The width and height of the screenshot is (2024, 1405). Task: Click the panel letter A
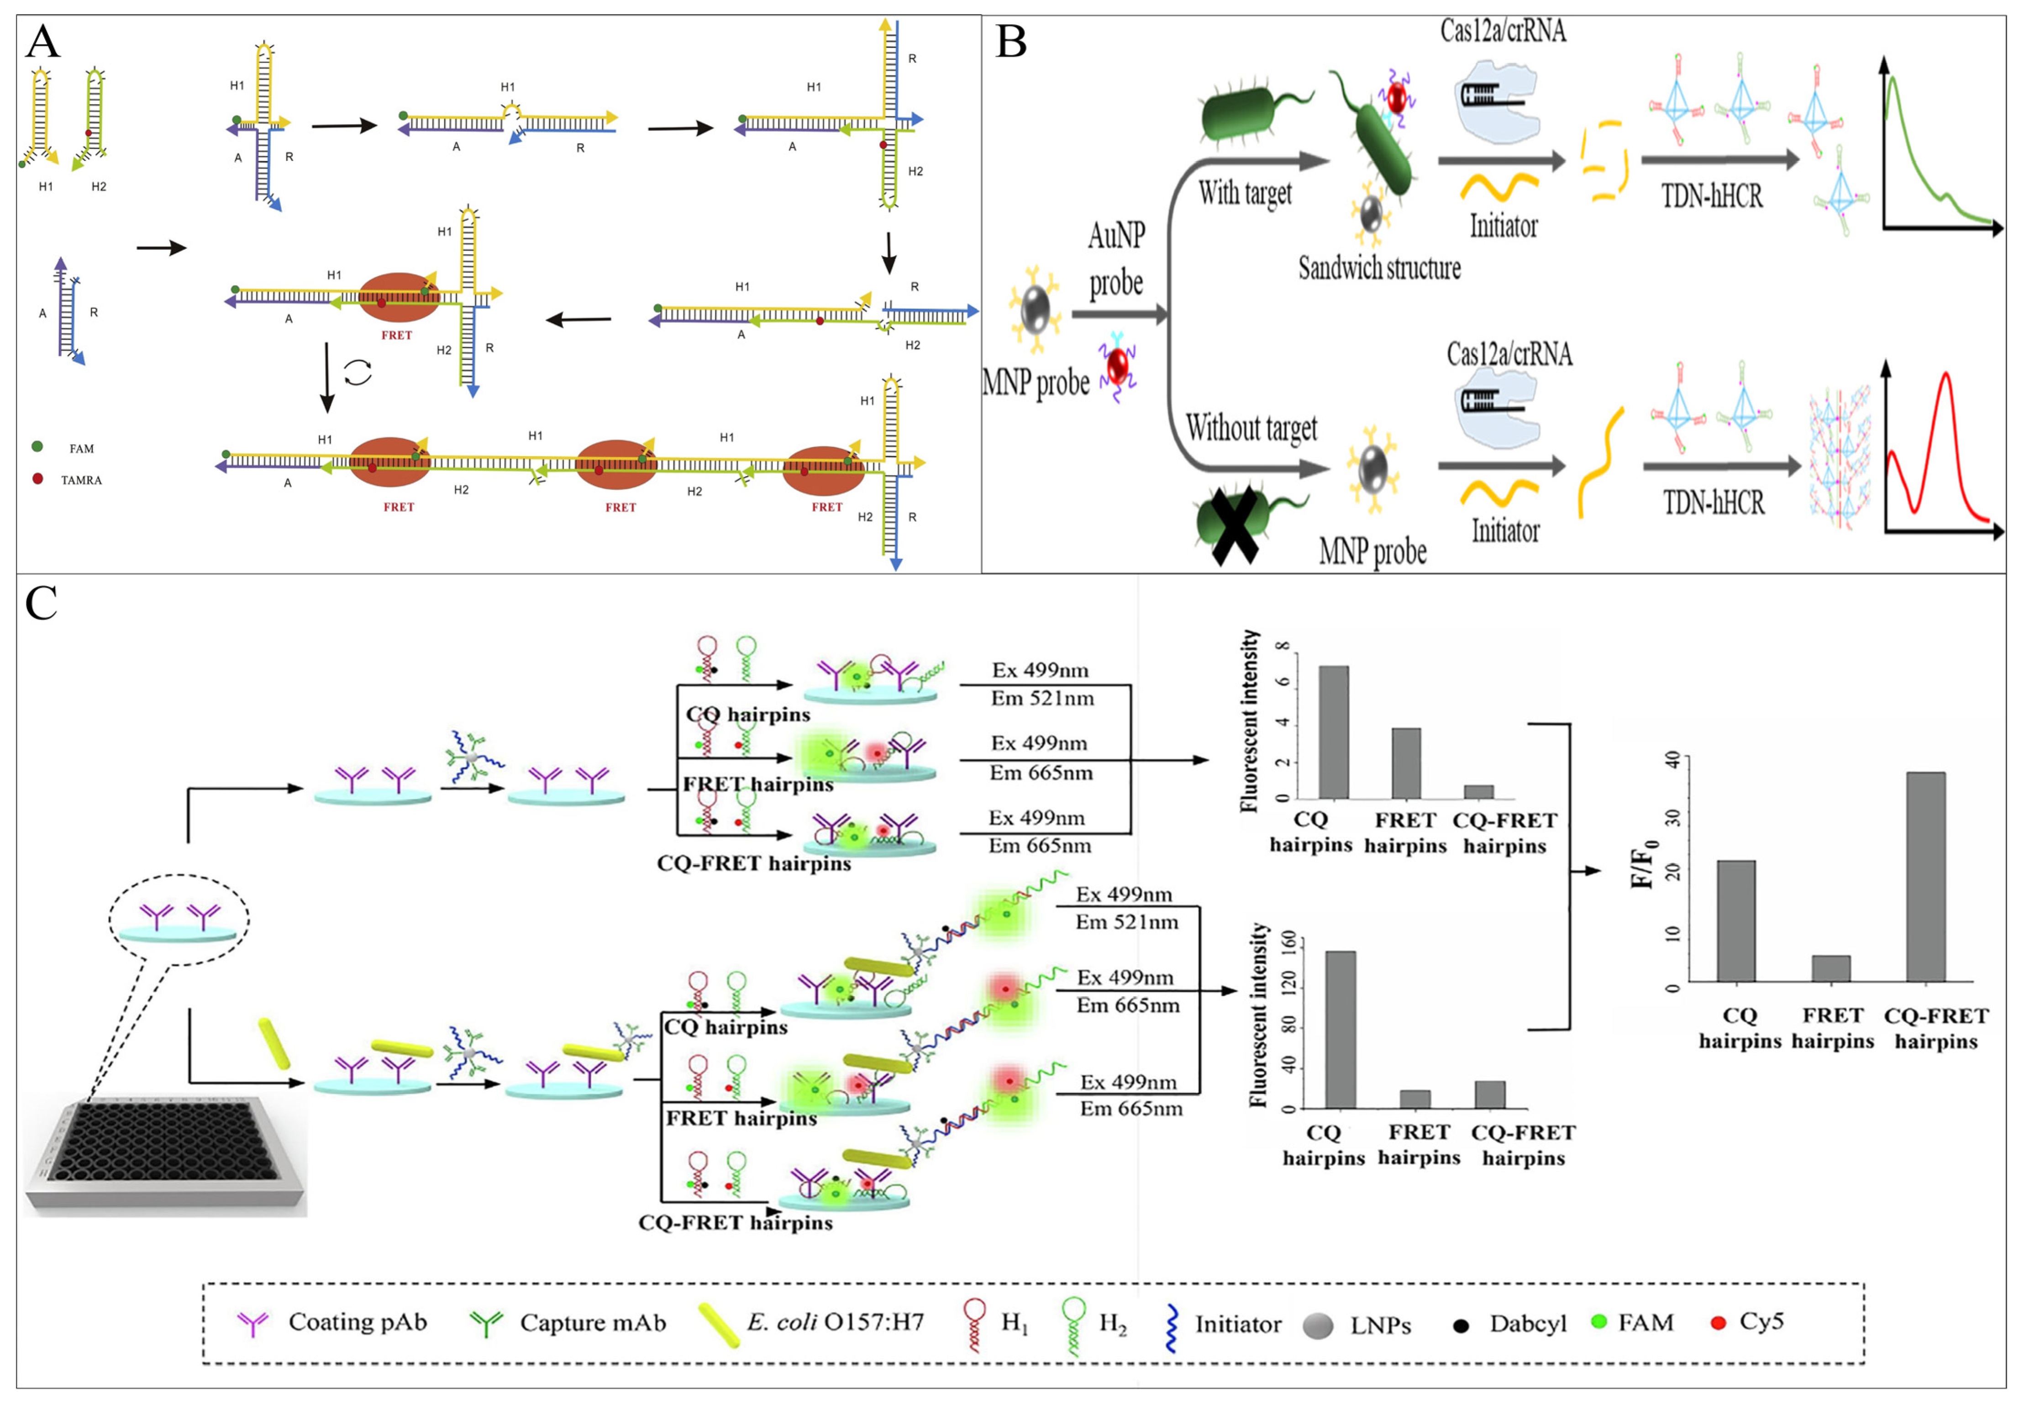(42, 42)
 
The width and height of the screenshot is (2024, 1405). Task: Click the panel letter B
(1011, 42)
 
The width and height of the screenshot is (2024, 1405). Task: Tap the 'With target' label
(1244, 192)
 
